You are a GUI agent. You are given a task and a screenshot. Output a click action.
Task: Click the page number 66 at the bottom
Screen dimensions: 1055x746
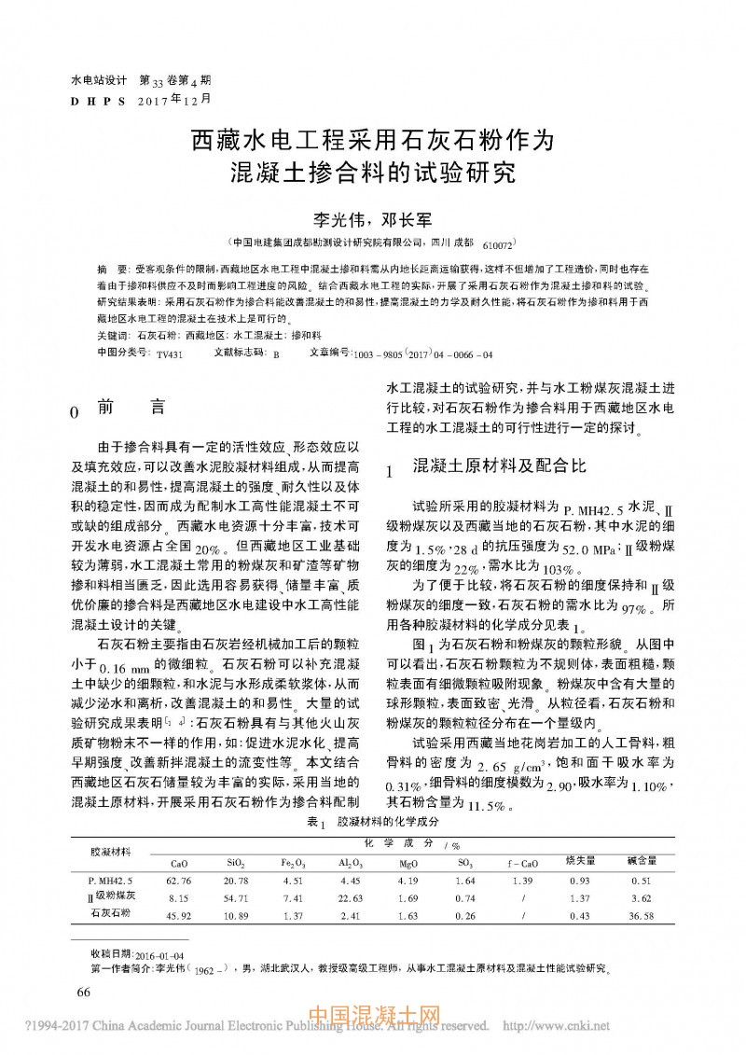pos(83,992)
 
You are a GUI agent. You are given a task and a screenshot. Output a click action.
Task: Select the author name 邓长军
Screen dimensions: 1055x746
pos(408,219)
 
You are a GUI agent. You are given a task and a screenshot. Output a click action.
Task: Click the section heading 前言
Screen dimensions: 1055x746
pos(131,408)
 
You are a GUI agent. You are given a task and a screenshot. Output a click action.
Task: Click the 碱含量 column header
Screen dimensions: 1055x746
pos(641,859)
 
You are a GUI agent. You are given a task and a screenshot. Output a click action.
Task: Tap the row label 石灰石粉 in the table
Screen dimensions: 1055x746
pos(110,914)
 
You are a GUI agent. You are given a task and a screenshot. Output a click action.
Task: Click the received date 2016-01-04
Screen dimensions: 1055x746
pos(160,955)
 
